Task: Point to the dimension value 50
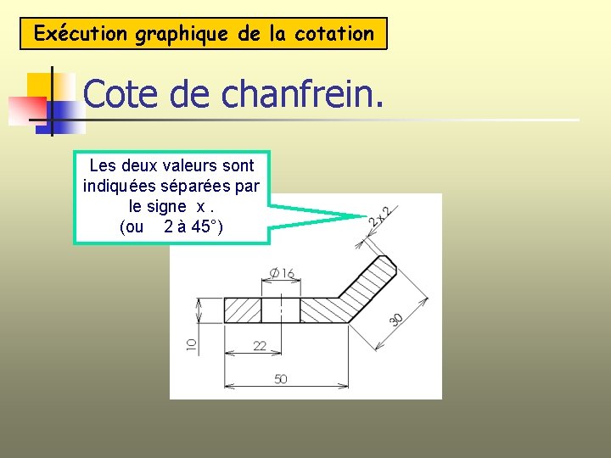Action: (x=280, y=378)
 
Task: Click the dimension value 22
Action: (x=260, y=345)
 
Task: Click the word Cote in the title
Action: (x=122, y=95)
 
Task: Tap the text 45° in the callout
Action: (x=206, y=226)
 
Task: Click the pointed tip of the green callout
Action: (x=365, y=216)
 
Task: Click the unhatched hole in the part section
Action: (x=280, y=310)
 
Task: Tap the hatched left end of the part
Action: (x=242, y=310)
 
